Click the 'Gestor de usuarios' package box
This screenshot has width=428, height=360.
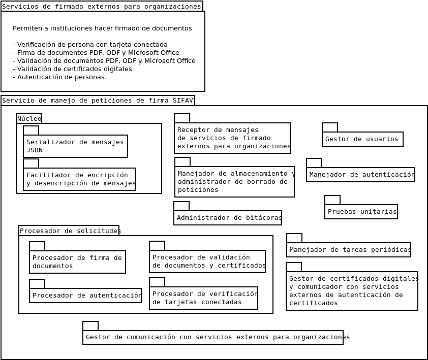(x=362, y=139)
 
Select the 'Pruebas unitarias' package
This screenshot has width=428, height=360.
(x=361, y=212)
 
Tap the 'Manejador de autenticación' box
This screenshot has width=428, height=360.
(x=360, y=175)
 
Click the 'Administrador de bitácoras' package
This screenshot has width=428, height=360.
(x=228, y=218)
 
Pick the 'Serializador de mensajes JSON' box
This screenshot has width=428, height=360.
(x=75, y=146)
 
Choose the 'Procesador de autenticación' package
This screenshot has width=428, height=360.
(x=85, y=296)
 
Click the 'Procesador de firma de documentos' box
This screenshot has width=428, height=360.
(x=77, y=262)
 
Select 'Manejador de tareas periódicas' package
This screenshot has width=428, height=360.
(x=348, y=250)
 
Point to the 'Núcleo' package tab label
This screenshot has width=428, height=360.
(x=29, y=118)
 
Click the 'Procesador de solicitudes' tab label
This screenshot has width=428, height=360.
(x=69, y=231)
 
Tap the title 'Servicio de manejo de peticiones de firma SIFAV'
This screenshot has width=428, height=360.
(x=98, y=101)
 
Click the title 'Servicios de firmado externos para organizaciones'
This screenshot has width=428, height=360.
(x=102, y=7)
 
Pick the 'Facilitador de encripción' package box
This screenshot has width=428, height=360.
(x=79, y=179)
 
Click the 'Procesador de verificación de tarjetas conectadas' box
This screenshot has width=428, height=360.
(x=203, y=298)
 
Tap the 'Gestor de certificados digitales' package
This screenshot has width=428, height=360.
(x=352, y=291)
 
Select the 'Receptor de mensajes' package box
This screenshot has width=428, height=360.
(x=232, y=138)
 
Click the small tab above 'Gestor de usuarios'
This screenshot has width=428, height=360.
(x=330, y=127)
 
